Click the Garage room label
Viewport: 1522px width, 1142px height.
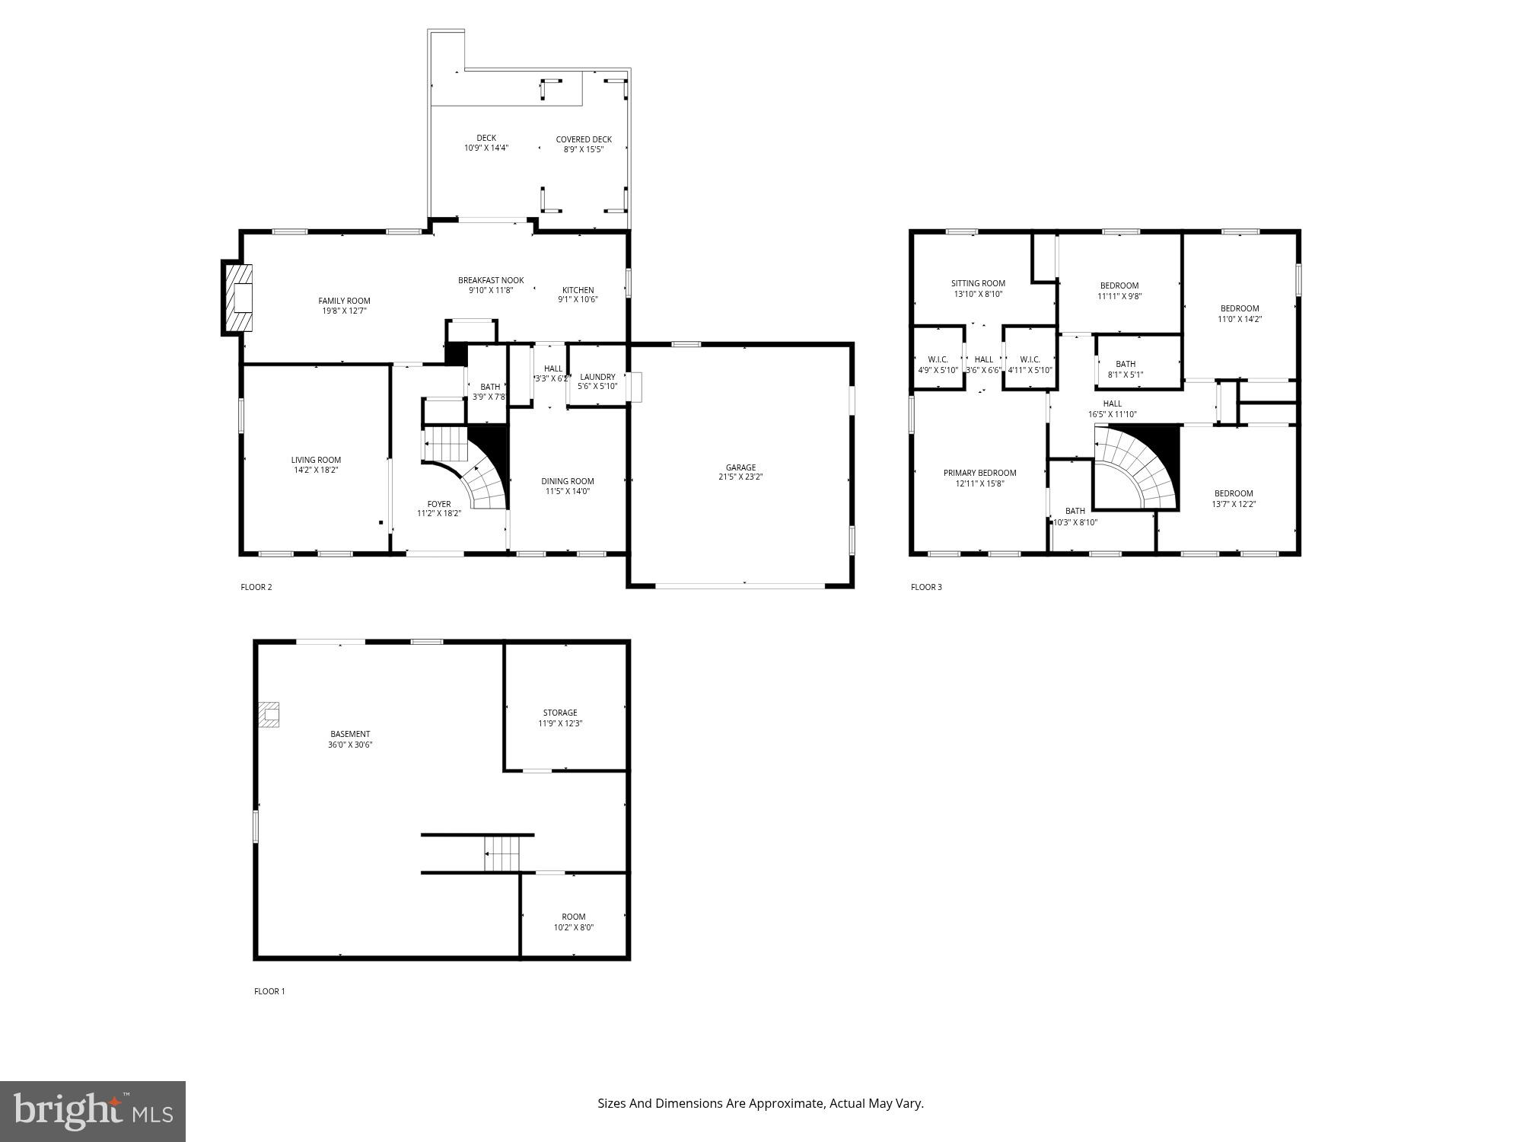click(x=740, y=467)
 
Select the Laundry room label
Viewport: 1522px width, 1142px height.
click(x=597, y=377)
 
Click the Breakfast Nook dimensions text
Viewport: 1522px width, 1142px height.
click(x=491, y=290)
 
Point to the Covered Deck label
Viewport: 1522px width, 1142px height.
click(x=584, y=139)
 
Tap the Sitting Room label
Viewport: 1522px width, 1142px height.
click(x=978, y=283)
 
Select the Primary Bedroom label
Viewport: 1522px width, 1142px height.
click(x=979, y=473)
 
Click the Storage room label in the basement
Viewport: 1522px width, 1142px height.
click(x=560, y=713)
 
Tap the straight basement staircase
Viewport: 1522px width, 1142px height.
click(x=502, y=853)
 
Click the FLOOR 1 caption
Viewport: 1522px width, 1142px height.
click(x=269, y=991)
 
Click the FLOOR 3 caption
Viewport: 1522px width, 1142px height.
click(x=926, y=587)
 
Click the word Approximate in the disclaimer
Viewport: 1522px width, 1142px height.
click(x=787, y=1103)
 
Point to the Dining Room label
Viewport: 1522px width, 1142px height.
click(x=567, y=481)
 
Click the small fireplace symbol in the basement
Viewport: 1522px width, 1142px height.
click(x=269, y=714)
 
